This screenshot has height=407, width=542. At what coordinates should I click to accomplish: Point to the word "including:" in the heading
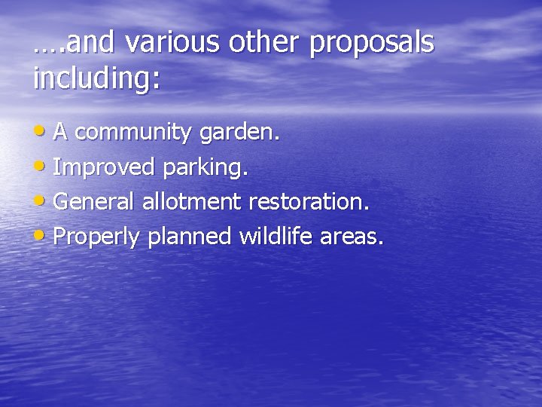click(x=97, y=78)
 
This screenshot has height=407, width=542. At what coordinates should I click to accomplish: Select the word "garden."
click(x=239, y=133)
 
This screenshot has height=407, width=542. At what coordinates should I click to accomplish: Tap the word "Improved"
click(x=101, y=168)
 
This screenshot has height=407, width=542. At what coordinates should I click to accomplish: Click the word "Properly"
click(x=97, y=237)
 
